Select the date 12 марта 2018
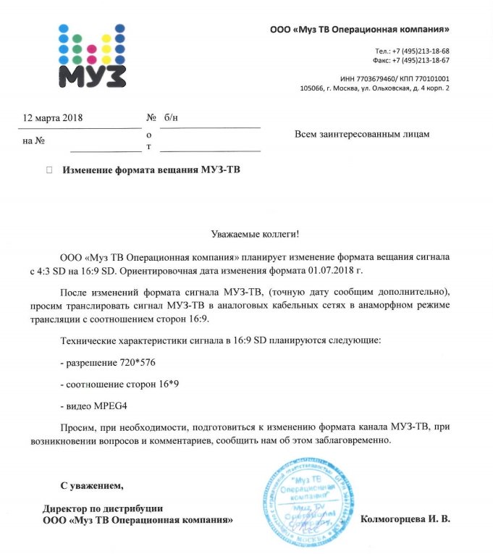(x=54, y=117)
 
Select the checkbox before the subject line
(x=49, y=170)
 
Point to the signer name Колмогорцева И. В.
(x=405, y=519)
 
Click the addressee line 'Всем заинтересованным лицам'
(x=363, y=134)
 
